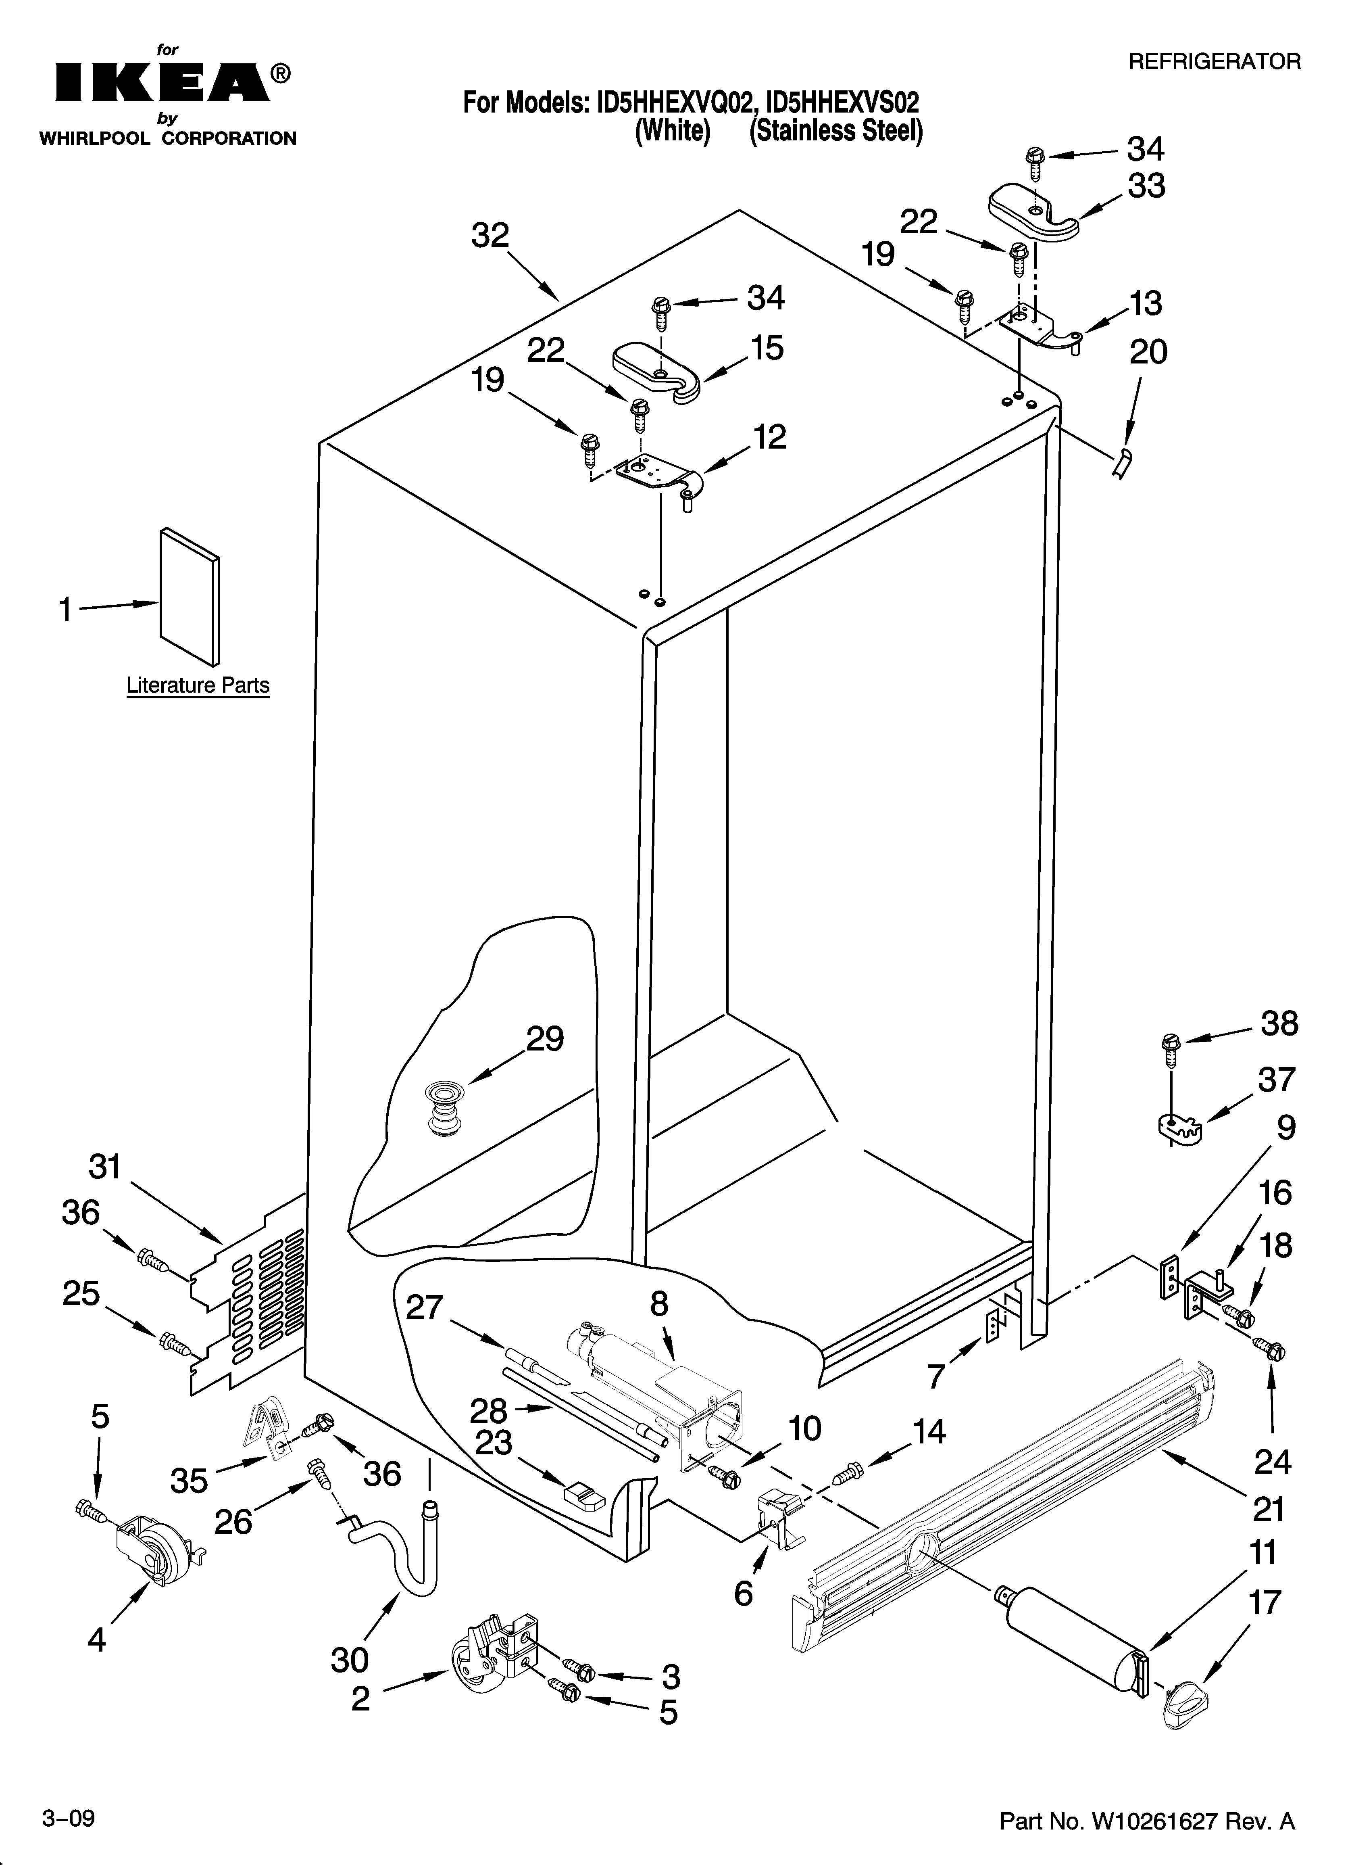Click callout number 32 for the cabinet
(490, 237)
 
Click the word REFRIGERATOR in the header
(1214, 62)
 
